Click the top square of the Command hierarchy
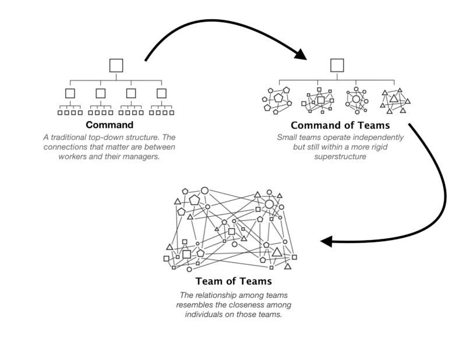[116, 65]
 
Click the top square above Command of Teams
[337, 65]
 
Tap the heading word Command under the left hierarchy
[110, 125]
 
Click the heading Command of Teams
[340, 125]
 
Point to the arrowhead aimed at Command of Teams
[300, 55]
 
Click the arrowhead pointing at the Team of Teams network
[326, 241]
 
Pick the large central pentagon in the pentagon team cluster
[278, 98]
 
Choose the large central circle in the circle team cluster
[356, 100]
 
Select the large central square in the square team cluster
[320, 100]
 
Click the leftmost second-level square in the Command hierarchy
[70, 93]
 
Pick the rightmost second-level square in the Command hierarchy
[161, 93]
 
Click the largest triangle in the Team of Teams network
[277, 252]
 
